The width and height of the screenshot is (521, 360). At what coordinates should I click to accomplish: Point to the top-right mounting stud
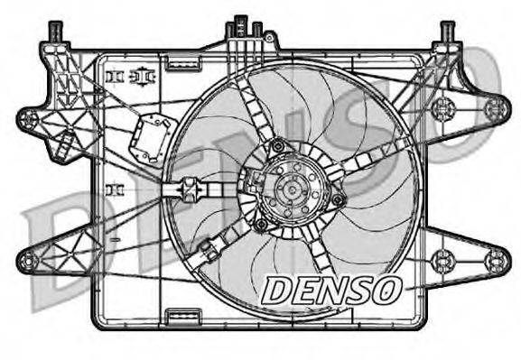(448, 32)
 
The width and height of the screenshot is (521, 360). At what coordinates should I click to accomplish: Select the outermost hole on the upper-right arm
(492, 108)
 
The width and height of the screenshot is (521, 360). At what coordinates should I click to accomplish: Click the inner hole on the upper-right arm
(441, 109)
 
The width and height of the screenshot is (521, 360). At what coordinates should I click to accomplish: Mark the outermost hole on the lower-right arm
(492, 262)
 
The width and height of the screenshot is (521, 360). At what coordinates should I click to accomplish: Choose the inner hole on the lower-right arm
(441, 262)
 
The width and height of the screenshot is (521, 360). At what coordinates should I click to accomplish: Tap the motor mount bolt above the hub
(278, 145)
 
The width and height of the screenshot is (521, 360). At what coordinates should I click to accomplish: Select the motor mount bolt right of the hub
(338, 199)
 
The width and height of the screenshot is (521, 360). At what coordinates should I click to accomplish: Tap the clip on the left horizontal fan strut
(190, 189)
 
